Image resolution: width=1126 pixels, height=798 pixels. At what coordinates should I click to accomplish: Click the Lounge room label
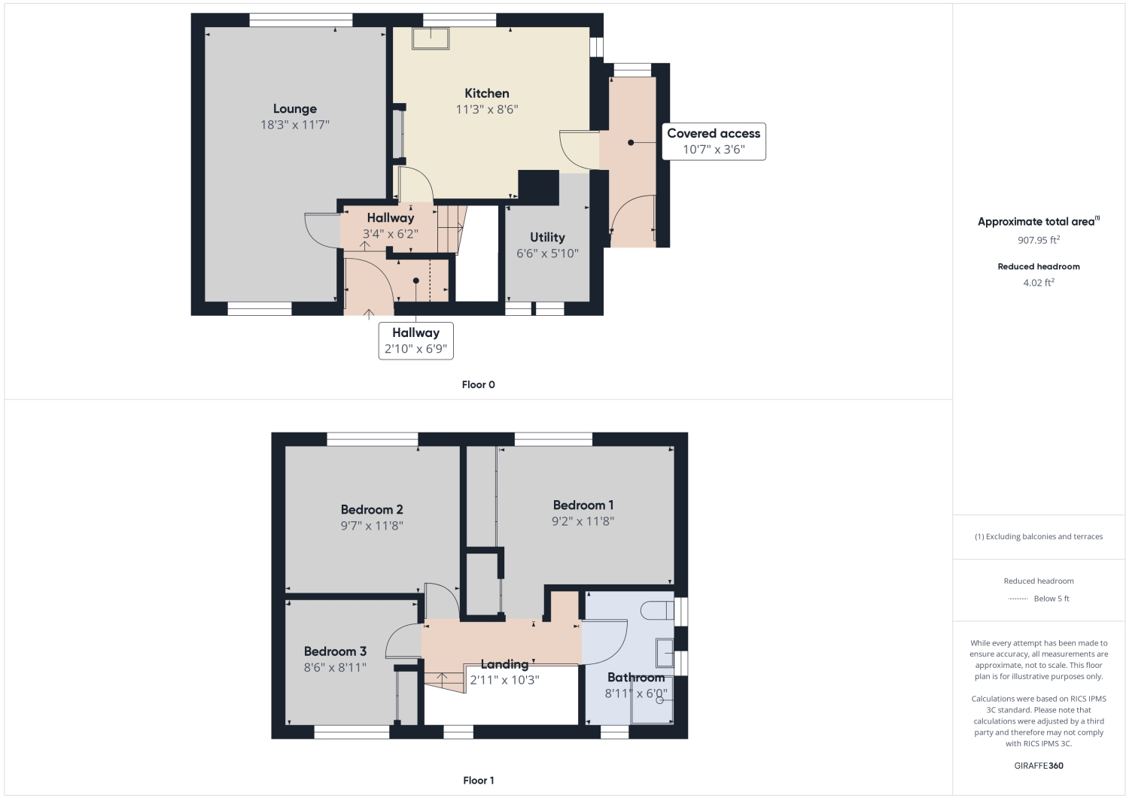point(294,109)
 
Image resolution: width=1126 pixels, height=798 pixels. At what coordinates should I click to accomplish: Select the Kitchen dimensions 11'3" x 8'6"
point(486,110)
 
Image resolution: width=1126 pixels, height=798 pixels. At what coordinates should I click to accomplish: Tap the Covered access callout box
point(713,141)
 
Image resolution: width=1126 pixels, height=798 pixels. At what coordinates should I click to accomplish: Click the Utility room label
point(547,237)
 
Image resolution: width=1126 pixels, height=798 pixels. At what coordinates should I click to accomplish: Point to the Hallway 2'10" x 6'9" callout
point(415,341)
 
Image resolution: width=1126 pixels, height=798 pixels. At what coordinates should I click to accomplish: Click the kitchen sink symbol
point(431,38)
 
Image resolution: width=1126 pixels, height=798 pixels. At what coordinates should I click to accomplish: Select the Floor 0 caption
point(478,385)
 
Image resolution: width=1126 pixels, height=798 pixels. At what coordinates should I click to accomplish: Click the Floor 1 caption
point(478,781)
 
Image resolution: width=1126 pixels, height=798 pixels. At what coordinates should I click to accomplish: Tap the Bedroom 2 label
point(372,509)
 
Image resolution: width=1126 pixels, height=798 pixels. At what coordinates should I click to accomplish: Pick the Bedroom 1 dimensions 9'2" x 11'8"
point(583,521)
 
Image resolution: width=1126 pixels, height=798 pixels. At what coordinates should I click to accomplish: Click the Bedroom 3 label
point(335,651)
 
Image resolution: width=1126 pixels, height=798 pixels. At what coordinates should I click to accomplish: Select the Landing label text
point(504,664)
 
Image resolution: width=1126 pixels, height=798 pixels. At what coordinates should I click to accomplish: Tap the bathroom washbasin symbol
point(664,653)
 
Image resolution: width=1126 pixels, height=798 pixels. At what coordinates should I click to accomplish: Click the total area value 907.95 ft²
point(1038,241)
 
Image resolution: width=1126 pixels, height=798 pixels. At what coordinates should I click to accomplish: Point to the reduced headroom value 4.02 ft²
point(1038,283)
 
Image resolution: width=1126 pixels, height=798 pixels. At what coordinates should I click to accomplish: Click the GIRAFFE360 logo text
point(1038,766)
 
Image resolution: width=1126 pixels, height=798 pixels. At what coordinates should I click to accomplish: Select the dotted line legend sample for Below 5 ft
point(1018,599)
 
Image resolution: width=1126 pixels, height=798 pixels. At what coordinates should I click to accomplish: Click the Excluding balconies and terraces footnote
point(1038,537)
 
